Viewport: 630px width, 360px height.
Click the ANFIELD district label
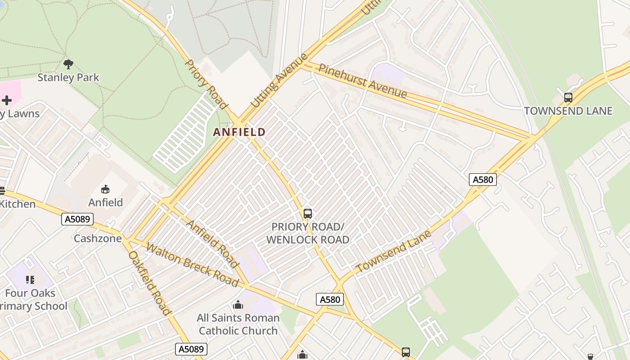click(239, 132)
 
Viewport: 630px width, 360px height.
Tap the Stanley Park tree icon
click(68, 64)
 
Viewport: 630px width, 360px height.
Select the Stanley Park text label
click(68, 77)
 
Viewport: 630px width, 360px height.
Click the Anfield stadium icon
click(105, 189)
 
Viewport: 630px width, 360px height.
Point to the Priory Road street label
click(207, 85)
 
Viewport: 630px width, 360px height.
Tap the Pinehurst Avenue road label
click(362, 81)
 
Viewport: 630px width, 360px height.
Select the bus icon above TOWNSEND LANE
click(568, 97)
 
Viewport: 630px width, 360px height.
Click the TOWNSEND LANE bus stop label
click(568, 111)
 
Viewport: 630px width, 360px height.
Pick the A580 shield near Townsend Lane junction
click(483, 180)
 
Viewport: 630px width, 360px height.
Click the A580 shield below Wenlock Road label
click(330, 299)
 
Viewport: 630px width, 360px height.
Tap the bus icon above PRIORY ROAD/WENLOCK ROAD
click(308, 214)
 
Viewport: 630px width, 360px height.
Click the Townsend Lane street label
click(394, 251)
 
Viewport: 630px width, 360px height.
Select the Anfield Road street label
click(212, 243)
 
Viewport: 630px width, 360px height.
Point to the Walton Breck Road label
click(192, 265)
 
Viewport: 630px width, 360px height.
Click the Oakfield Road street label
click(150, 283)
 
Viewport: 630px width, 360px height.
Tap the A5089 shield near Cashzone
click(77, 219)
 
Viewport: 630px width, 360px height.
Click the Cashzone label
click(98, 238)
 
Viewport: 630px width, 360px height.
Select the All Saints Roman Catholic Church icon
click(238, 305)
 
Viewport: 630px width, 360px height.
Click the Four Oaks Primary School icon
click(30, 280)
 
